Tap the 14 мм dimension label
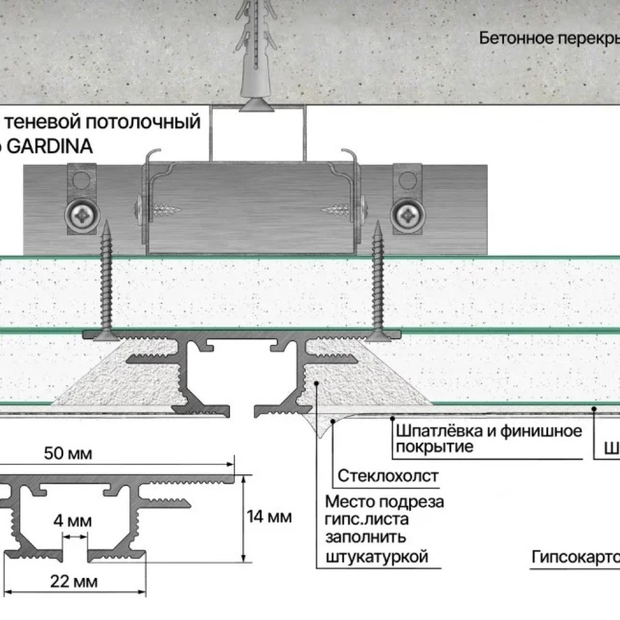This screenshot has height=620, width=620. [x=269, y=516]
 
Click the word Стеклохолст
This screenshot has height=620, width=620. [x=388, y=476]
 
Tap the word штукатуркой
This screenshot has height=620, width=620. [x=376, y=556]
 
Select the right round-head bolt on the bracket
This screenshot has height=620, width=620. [x=407, y=215]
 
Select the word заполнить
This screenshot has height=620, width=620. [x=365, y=537]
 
